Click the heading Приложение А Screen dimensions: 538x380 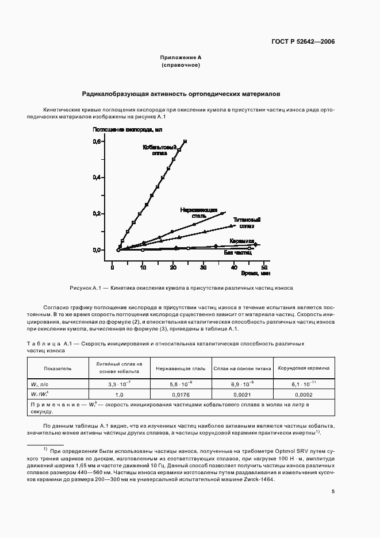181,58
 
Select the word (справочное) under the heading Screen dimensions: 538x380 181,66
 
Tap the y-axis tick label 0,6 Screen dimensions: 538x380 97,141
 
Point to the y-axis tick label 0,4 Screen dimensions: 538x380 97,178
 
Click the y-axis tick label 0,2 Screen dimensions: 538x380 97,214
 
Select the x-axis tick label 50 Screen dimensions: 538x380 264,268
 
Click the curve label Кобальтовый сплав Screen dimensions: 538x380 156,151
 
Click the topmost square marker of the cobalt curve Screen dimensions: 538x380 185,141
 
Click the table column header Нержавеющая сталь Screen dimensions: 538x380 181,367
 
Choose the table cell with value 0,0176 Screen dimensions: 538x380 181,395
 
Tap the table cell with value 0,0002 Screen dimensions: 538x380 304,395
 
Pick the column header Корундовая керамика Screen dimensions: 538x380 304,367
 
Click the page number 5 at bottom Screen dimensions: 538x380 333,491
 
